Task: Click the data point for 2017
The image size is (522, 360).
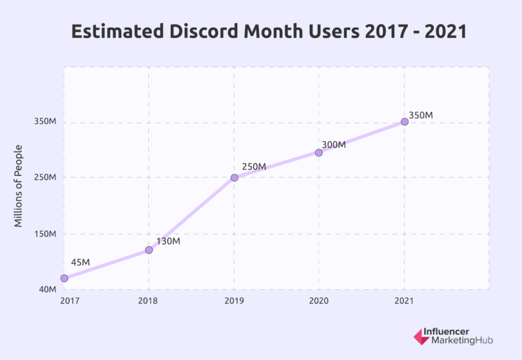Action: pos(64,278)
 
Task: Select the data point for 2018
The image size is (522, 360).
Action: pos(149,250)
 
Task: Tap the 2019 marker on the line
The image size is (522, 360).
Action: pos(235,177)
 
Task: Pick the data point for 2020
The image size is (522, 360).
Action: pos(319,153)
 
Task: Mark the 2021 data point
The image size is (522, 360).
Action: pos(405,122)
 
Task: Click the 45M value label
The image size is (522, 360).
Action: pos(81,262)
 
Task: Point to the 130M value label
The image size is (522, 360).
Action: pos(168,242)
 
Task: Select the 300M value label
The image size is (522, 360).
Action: pos(334,145)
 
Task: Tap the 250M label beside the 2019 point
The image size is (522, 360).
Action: pos(254,167)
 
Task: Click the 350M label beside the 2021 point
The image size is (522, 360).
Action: pos(421,115)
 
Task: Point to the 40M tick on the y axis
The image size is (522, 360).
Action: pos(48,290)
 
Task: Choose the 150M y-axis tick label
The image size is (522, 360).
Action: pos(46,234)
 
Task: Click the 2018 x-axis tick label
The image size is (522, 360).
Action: pos(149,301)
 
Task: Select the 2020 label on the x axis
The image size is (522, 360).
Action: pos(319,301)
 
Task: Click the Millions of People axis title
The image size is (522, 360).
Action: pos(19,185)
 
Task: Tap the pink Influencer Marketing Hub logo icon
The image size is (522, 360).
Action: pos(420,336)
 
